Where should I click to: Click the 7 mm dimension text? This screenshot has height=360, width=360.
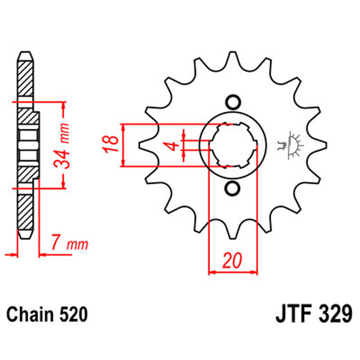(x=70, y=245)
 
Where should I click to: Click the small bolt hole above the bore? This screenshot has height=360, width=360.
(x=233, y=102)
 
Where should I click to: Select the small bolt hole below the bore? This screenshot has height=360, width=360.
(x=233, y=189)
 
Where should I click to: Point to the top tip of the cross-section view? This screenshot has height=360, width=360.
(x=26, y=54)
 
